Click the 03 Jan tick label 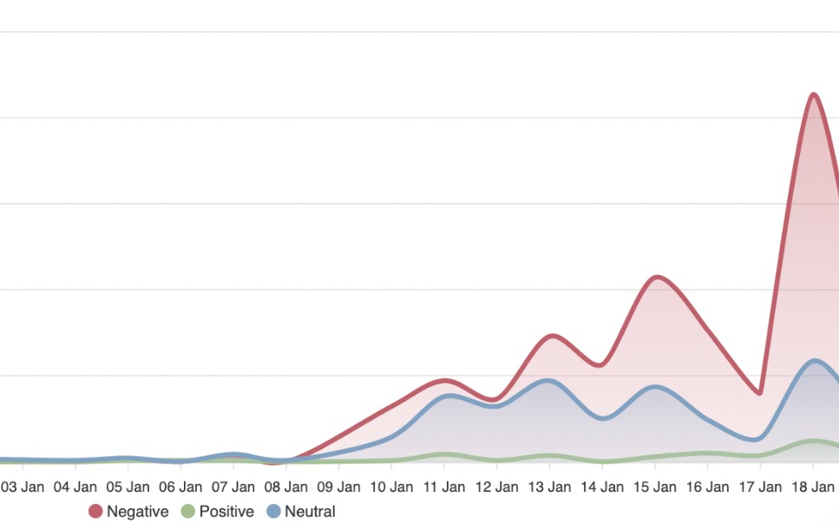click(x=21, y=487)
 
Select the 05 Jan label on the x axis click(x=127, y=487)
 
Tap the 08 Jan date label click(x=285, y=487)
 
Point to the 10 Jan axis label click(x=390, y=487)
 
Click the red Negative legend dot click(x=95, y=512)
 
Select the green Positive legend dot click(x=188, y=512)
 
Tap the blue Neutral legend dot click(x=274, y=512)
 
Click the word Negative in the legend click(x=137, y=512)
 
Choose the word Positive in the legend click(x=226, y=512)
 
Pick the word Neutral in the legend click(x=310, y=512)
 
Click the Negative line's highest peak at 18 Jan click(x=813, y=94)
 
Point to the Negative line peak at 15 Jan click(x=657, y=277)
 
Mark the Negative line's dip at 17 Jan click(x=760, y=393)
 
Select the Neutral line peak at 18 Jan click(x=814, y=360)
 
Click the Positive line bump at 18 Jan click(x=814, y=441)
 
